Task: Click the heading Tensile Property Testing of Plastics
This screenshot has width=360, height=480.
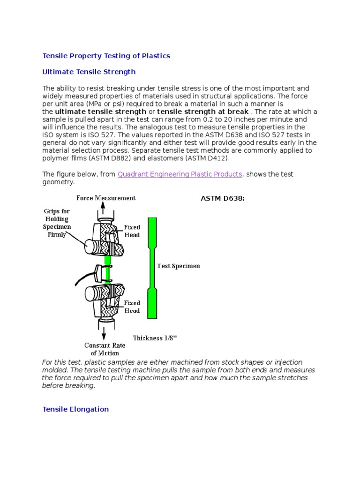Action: (106, 56)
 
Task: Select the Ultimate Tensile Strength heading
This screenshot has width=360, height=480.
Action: (89, 72)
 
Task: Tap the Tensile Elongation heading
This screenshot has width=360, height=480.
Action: (75, 409)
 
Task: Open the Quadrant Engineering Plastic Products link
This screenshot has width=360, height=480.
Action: (180, 174)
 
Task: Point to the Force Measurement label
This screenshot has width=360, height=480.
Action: (106, 198)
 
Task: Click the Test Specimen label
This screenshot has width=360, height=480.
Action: (179, 266)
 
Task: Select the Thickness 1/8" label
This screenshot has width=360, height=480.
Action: (155, 338)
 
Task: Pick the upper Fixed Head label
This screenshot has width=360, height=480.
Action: (132, 231)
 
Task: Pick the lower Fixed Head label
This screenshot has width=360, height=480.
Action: (132, 307)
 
